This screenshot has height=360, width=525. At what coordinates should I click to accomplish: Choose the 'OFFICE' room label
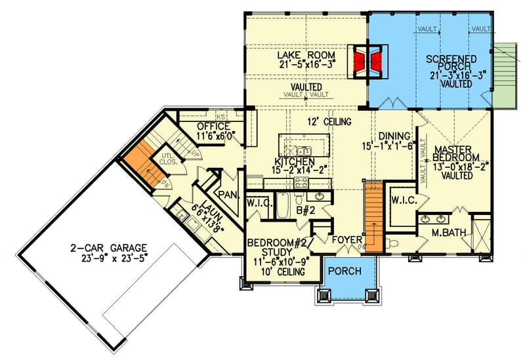pyautogui.click(x=213, y=127)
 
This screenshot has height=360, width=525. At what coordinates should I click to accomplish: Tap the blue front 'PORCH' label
pyautogui.click(x=345, y=271)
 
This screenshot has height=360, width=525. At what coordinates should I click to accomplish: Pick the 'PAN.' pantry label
pyautogui.click(x=228, y=194)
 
